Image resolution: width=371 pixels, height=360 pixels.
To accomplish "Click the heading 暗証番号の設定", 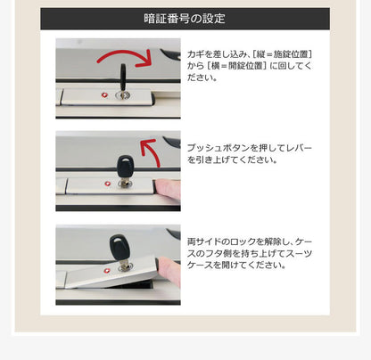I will [185, 19].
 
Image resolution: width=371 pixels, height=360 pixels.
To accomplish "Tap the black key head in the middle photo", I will [123, 167].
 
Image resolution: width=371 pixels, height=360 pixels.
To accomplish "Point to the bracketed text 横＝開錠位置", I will [234, 66].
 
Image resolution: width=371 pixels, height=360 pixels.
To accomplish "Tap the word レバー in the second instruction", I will [300, 147].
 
